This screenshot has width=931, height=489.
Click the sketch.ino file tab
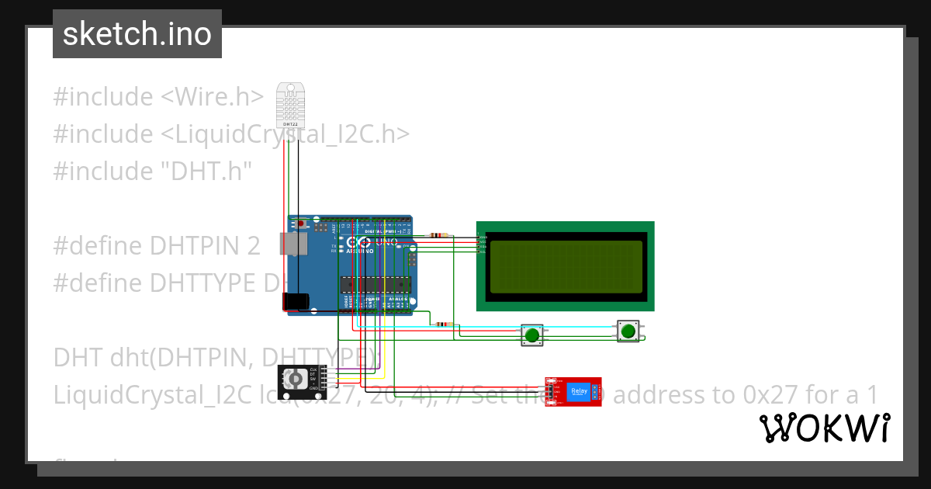(137, 34)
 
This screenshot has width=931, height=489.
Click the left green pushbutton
(531, 335)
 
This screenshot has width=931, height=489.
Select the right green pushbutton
(628, 331)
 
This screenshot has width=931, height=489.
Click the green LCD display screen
(566, 265)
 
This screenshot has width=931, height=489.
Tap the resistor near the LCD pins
(441, 235)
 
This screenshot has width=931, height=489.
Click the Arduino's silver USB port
(292, 244)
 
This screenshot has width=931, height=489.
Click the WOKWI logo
(824, 428)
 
